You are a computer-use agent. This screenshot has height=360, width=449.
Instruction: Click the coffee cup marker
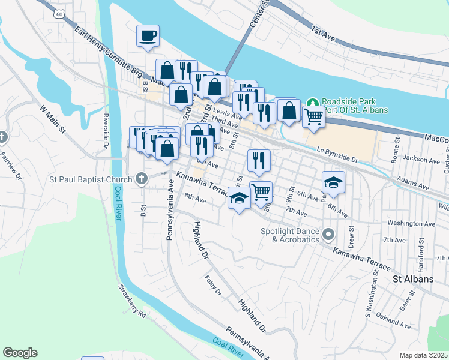point(147,36)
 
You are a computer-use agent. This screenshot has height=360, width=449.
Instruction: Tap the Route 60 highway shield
point(58,12)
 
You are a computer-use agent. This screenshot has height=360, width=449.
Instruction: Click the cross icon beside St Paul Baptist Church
point(141,178)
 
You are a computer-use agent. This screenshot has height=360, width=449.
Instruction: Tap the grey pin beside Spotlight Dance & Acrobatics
point(328,234)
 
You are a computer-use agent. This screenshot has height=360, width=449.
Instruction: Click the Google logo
point(20,353)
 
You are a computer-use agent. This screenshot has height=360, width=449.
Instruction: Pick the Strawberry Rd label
point(133,305)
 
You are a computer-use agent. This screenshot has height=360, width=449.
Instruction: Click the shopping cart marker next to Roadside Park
point(313,118)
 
